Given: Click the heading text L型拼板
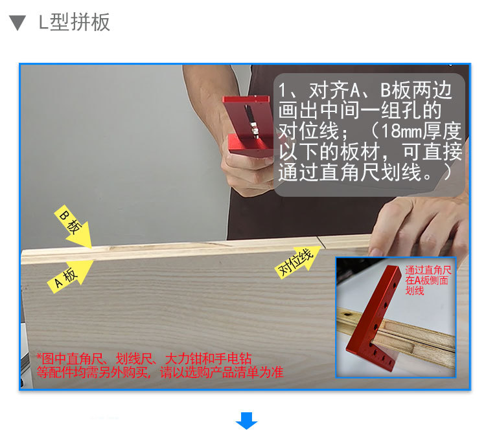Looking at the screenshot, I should click(75, 23).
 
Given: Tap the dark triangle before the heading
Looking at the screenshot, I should click(18, 23).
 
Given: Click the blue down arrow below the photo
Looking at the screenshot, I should click(246, 421).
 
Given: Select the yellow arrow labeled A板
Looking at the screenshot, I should click(71, 273).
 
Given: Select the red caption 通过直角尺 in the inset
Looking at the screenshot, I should click(428, 271).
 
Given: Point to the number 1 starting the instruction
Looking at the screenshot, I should click(283, 90).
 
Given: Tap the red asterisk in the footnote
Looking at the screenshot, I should click(39, 358).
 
